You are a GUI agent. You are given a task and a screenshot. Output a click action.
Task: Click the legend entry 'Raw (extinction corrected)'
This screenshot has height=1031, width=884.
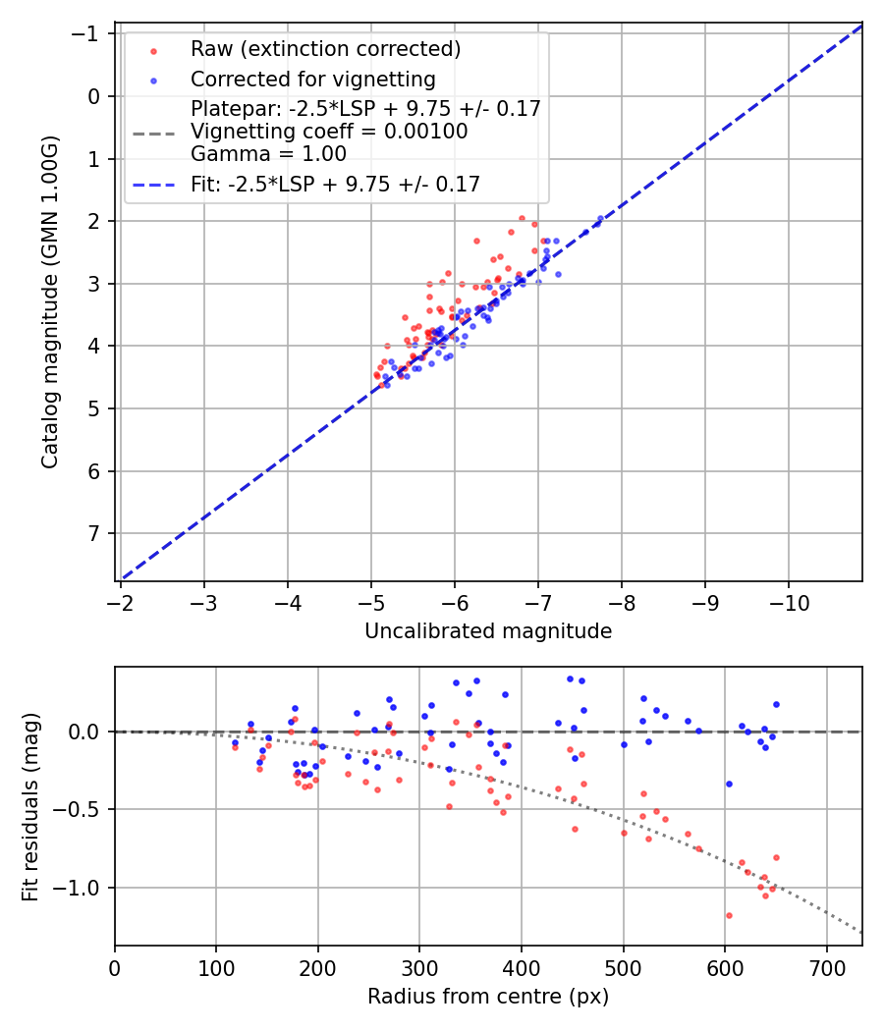pyautogui.click(x=325, y=49)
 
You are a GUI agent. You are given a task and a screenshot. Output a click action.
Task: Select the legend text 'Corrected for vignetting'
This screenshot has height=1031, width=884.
pyautogui.click(x=313, y=80)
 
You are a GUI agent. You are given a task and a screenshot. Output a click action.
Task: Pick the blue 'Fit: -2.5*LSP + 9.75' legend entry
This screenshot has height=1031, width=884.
pyautogui.click(x=335, y=185)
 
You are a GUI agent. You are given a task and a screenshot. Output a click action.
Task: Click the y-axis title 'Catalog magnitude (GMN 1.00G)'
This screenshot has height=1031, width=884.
pyautogui.click(x=50, y=301)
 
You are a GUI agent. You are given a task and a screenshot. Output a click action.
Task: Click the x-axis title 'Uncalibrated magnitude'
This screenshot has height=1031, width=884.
pyautogui.click(x=488, y=631)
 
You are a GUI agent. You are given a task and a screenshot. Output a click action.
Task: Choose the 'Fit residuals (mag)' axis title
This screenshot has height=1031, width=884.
pyautogui.click(x=30, y=806)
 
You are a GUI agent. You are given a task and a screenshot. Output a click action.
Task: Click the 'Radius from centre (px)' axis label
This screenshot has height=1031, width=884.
pyautogui.click(x=488, y=997)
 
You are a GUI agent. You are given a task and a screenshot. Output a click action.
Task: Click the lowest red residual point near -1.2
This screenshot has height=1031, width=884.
pyautogui.click(x=729, y=915)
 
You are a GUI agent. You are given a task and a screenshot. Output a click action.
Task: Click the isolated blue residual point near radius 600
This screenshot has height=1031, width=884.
pyautogui.click(x=729, y=784)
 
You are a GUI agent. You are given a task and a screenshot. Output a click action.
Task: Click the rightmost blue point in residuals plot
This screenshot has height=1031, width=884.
pyautogui.click(x=776, y=704)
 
